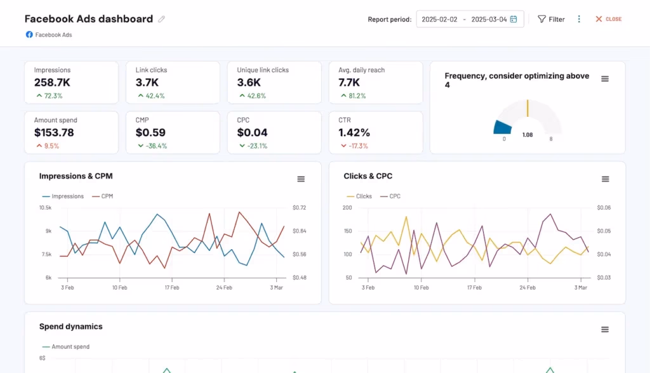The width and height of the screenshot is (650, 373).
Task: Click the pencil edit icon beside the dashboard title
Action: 161,19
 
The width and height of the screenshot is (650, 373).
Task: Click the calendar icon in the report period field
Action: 513,19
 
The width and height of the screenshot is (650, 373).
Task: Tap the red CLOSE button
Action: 608,19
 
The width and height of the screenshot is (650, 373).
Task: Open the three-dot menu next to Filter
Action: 579,19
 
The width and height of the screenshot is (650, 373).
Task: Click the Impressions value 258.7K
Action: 52,83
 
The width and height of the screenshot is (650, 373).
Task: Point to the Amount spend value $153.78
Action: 54,133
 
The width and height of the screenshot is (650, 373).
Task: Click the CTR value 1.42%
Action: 354,133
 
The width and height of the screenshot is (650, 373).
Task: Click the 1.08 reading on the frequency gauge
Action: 527,135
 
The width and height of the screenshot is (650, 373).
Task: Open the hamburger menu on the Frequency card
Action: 605,79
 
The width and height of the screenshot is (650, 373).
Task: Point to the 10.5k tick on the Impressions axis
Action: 45,208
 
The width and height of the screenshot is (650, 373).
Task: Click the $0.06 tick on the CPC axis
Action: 604,208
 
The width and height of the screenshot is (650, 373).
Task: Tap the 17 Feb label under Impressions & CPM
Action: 171,287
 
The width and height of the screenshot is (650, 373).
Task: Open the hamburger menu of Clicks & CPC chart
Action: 605,179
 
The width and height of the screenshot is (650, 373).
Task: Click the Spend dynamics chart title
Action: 71,327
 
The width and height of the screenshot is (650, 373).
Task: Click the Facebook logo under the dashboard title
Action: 29,34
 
